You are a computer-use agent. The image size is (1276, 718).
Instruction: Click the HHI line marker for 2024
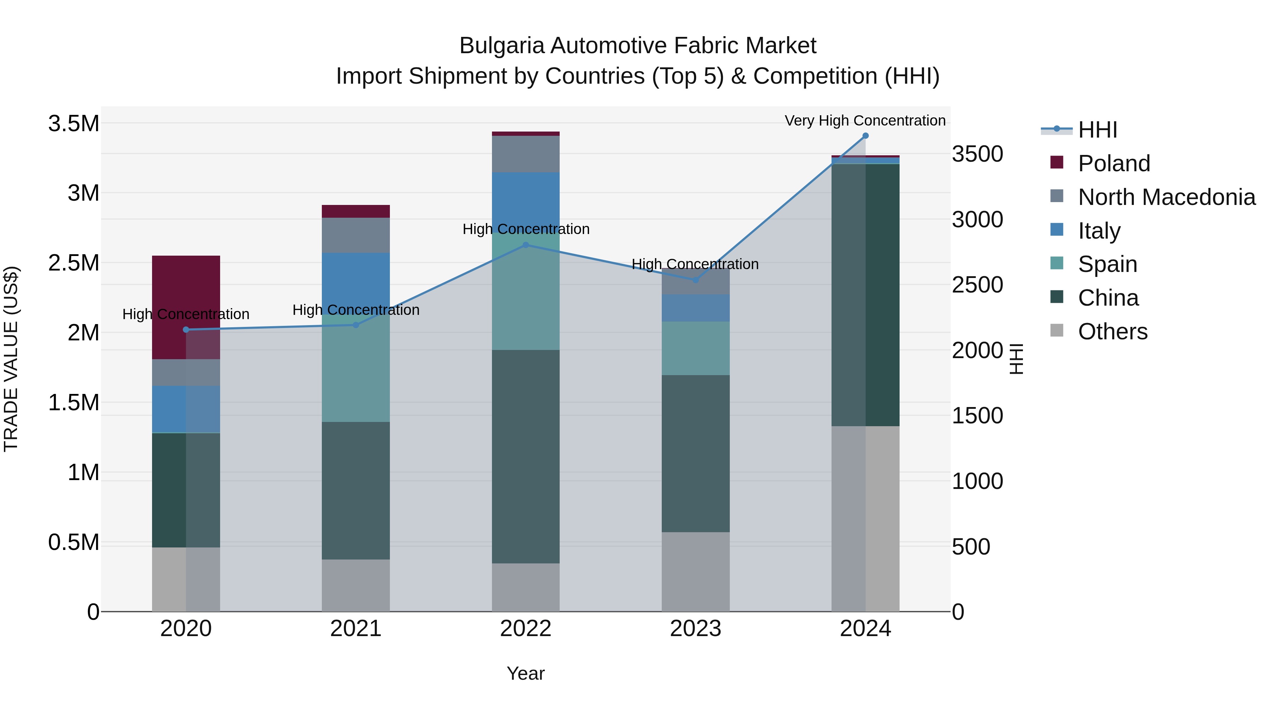tap(865, 136)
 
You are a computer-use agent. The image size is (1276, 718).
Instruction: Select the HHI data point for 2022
tap(526, 245)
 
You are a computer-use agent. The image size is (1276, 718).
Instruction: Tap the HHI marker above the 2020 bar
tap(186, 329)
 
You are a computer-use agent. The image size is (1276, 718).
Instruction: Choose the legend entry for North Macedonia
tap(1166, 197)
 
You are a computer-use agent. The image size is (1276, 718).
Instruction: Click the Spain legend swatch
tap(1057, 263)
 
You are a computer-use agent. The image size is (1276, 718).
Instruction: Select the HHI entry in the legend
tap(1097, 130)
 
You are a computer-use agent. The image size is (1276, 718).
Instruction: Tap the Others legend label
tap(1113, 332)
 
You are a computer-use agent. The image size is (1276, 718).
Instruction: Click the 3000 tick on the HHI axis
tap(977, 219)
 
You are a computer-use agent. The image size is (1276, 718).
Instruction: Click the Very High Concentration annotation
tap(865, 121)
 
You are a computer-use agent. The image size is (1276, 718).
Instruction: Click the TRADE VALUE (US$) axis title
tap(11, 359)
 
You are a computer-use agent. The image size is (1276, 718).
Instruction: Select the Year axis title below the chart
tap(526, 673)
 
